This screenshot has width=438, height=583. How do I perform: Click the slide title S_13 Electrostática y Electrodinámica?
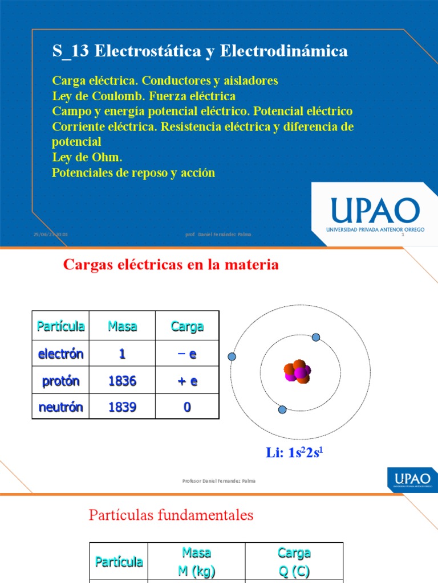click(x=200, y=51)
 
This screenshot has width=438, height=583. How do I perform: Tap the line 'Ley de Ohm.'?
click(x=87, y=157)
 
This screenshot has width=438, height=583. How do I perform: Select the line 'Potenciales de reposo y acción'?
click(x=133, y=173)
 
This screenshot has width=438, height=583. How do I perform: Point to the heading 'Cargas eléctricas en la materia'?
click(x=171, y=265)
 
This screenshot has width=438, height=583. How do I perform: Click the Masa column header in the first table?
click(x=122, y=326)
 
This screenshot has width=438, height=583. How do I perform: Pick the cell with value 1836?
click(x=122, y=381)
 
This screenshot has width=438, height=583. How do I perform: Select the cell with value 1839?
click(x=122, y=407)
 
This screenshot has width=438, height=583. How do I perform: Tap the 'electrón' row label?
click(x=60, y=354)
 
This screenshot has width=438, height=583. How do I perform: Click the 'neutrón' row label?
click(x=60, y=407)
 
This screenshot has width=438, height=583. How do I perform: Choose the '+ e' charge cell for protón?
click(x=187, y=381)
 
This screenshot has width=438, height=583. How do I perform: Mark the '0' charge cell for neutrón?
click(x=187, y=407)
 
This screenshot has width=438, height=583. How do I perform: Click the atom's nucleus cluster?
click(x=297, y=372)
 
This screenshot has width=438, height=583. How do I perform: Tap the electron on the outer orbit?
click(x=232, y=357)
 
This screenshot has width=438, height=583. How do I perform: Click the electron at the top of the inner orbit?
click(x=317, y=338)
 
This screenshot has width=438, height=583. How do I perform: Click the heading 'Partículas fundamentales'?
click(x=171, y=515)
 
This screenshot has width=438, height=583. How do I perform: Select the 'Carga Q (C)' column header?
click(x=294, y=561)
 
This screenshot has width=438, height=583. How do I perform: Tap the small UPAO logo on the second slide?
click(x=412, y=479)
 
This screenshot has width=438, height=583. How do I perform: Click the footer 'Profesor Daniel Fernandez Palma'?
click(x=218, y=481)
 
